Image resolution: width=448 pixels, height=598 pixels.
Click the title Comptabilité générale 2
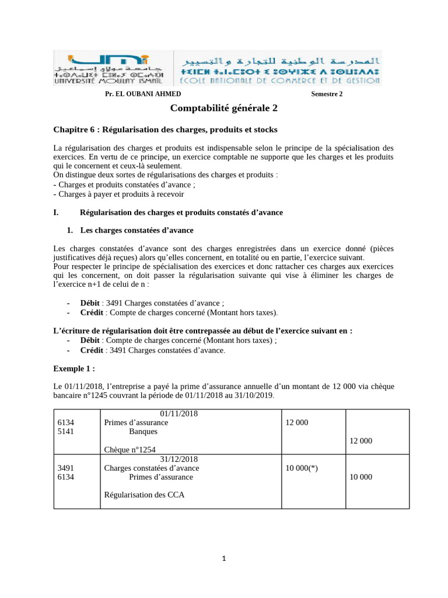tap(224, 109)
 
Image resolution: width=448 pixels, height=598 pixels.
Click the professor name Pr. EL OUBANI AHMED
tap(143, 93)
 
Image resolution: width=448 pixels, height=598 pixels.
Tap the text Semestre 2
tap(327, 93)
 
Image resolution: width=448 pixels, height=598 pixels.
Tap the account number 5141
tap(66, 432)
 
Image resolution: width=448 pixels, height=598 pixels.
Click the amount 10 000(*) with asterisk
tap(302, 468)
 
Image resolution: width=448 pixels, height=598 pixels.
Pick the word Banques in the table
tap(143, 432)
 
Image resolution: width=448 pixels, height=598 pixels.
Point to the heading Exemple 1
tap(73, 368)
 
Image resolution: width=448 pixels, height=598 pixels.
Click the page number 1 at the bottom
tap(225, 559)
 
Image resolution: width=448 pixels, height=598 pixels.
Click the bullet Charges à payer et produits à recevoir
tap(126, 194)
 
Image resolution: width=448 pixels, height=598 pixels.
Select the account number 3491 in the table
tap(66, 468)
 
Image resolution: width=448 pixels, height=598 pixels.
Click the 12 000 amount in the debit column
tap(297, 422)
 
